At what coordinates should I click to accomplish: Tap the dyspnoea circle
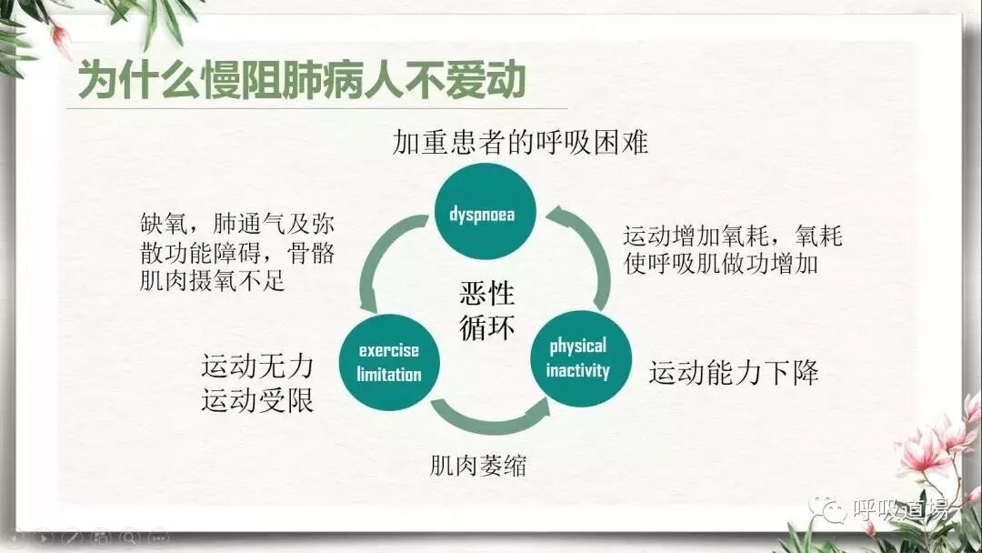point(482,215)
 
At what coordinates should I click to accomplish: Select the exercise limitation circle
point(389,362)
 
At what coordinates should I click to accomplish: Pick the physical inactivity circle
point(578,358)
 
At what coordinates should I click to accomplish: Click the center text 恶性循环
point(486,310)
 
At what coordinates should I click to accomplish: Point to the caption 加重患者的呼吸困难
point(520,143)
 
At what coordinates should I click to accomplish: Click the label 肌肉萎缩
point(478,467)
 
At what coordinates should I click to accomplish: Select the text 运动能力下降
point(734,373)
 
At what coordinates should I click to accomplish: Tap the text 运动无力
point(257,367)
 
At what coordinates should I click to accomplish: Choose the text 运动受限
point(257,400)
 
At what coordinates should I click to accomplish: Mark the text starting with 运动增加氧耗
point(733,250)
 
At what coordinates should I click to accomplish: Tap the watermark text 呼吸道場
point(901,508)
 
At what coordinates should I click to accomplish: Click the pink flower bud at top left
point(61,38)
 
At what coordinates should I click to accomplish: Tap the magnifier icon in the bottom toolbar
point(130,538)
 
